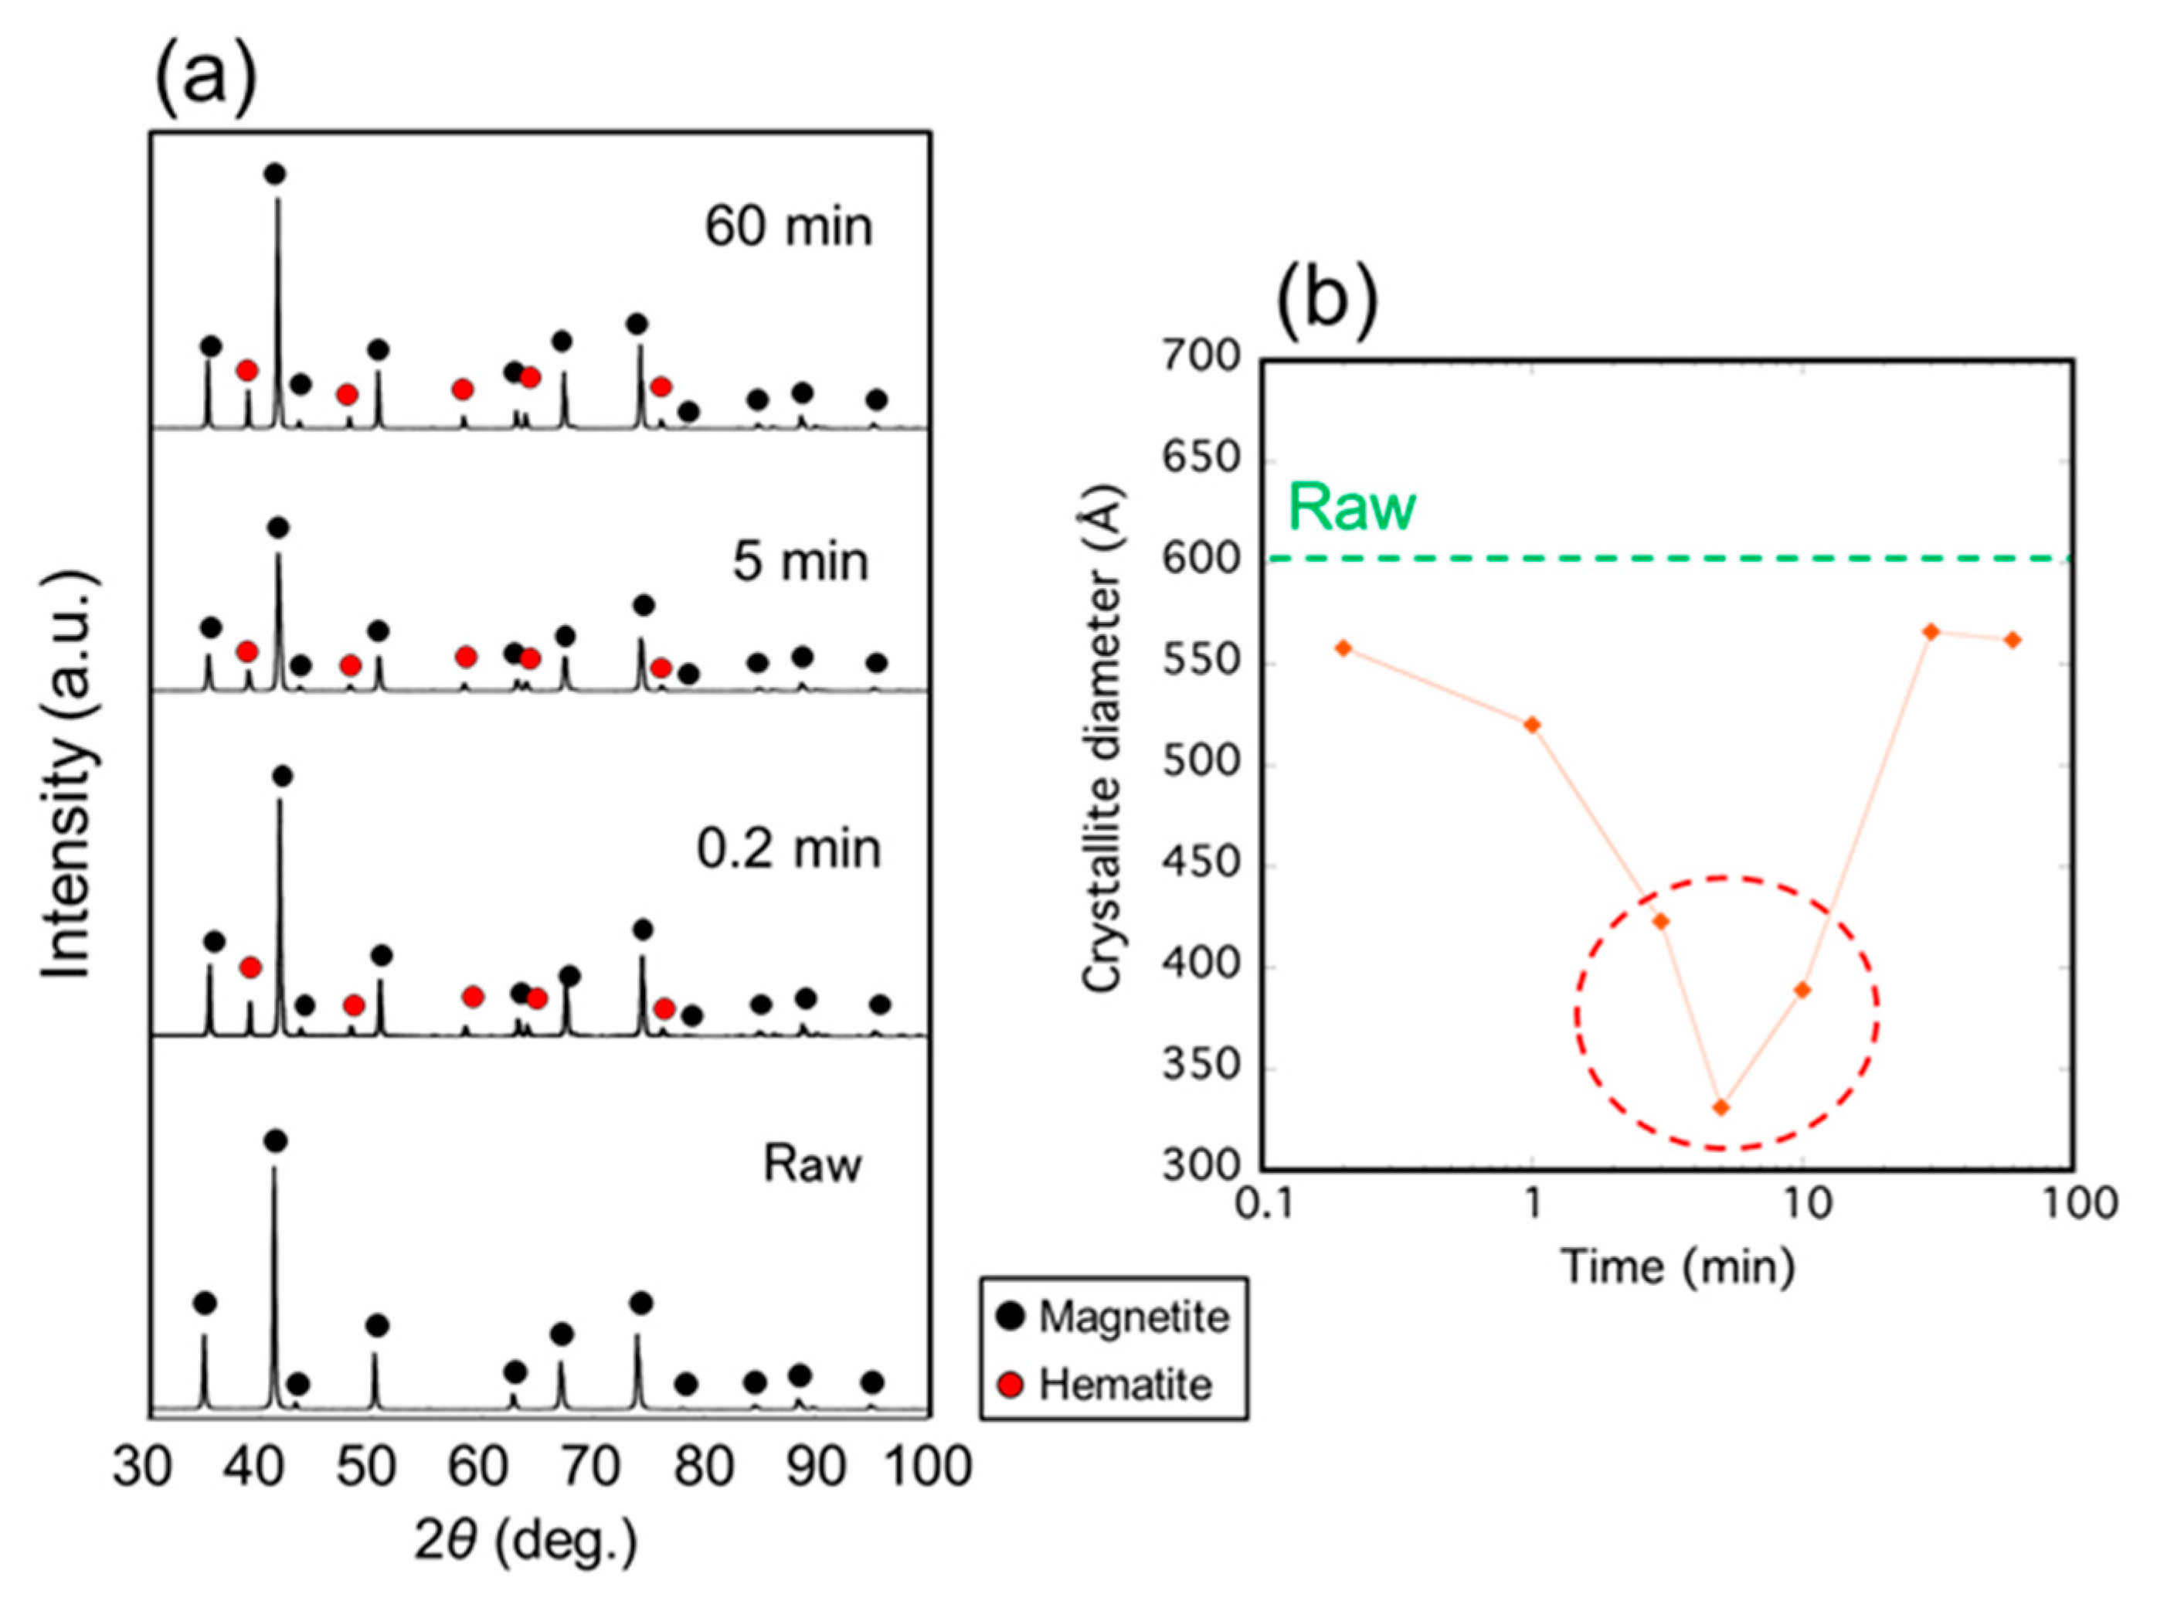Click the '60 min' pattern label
coord(788,228)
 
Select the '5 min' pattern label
coord(800,562)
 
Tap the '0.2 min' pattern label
coord(789,850)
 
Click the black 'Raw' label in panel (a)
coord(812,1164)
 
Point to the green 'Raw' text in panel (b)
coord(1352,507)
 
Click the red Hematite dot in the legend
coord(1011,1385)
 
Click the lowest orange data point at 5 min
coord(1721,1108)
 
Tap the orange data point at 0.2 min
coord(1343,648)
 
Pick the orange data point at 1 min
coord(1532,725)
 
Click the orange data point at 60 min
coord(2013,641)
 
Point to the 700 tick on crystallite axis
coord(1201,358)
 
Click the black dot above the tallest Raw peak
coord(275,1140)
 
